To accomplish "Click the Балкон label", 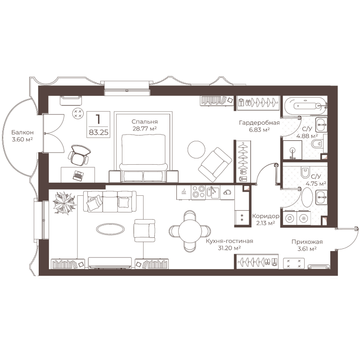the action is [x=22, y=132].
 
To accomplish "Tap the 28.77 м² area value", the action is [x=144, y=129].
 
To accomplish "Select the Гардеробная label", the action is [x=259, y=123].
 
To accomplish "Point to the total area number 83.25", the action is [x=99, y=132].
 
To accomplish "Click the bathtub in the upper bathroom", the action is [x=305, y=106].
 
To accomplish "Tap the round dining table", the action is [x=190, y=231].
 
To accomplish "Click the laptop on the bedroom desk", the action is [x=78, y=175].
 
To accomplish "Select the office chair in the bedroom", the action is [x=79, y=155].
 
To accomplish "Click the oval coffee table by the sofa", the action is [x=110, y=229].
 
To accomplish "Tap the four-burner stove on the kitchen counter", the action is [x=198, y=192].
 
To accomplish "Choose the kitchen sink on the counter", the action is [x=213, y=192].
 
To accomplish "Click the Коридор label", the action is [x=265, y=216].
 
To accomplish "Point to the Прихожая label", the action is [x=307, y=242].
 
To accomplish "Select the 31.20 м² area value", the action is [x=229, y=248].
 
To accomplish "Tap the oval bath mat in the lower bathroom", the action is [x=307, y=198].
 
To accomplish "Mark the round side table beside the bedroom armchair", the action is [x=196, y=149].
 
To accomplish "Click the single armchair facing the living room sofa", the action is [x=144, y=230].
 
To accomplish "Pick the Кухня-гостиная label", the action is [x=229, y=241].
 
